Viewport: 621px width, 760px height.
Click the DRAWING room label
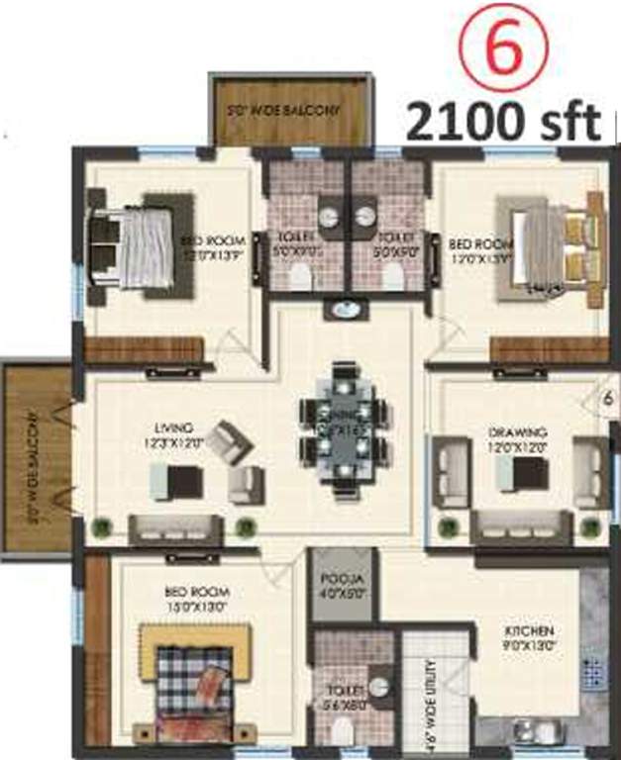(x=512, y=438)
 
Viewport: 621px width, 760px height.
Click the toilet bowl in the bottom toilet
(x=342, y=731)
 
